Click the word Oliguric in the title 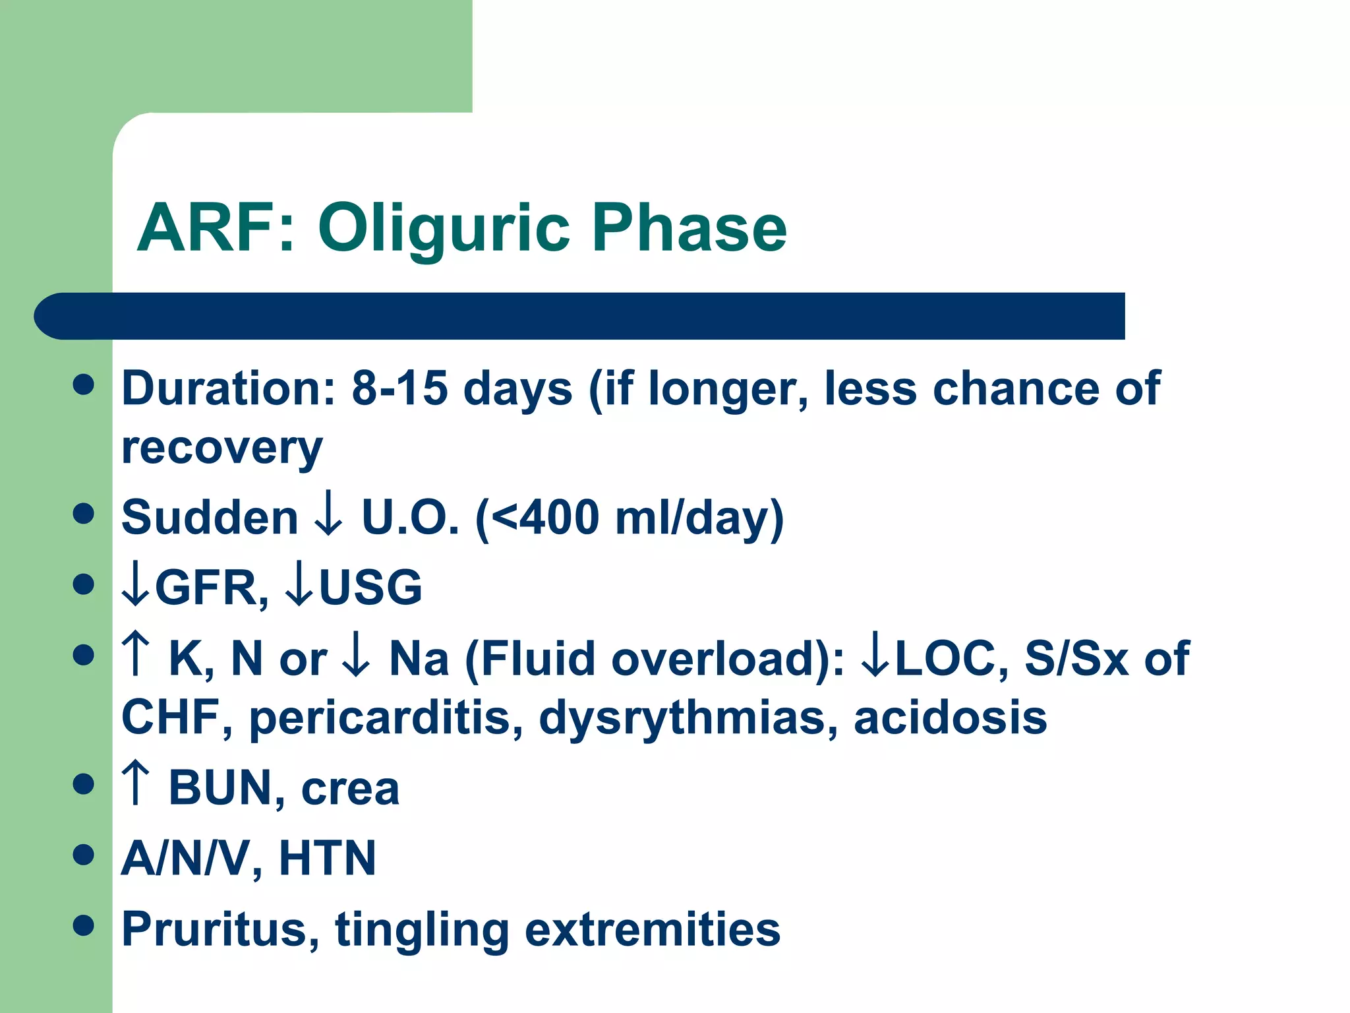click(x=443, y=229)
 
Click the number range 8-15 click(x=399, y=388)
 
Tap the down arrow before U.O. click(x=328, y=518)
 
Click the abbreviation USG click(x=370, y=588)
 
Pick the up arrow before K click(x=136, y=654)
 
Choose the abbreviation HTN click(x=328, y=859)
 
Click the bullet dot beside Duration click(x=84, y=384)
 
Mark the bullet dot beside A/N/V click(x=84, y=855)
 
